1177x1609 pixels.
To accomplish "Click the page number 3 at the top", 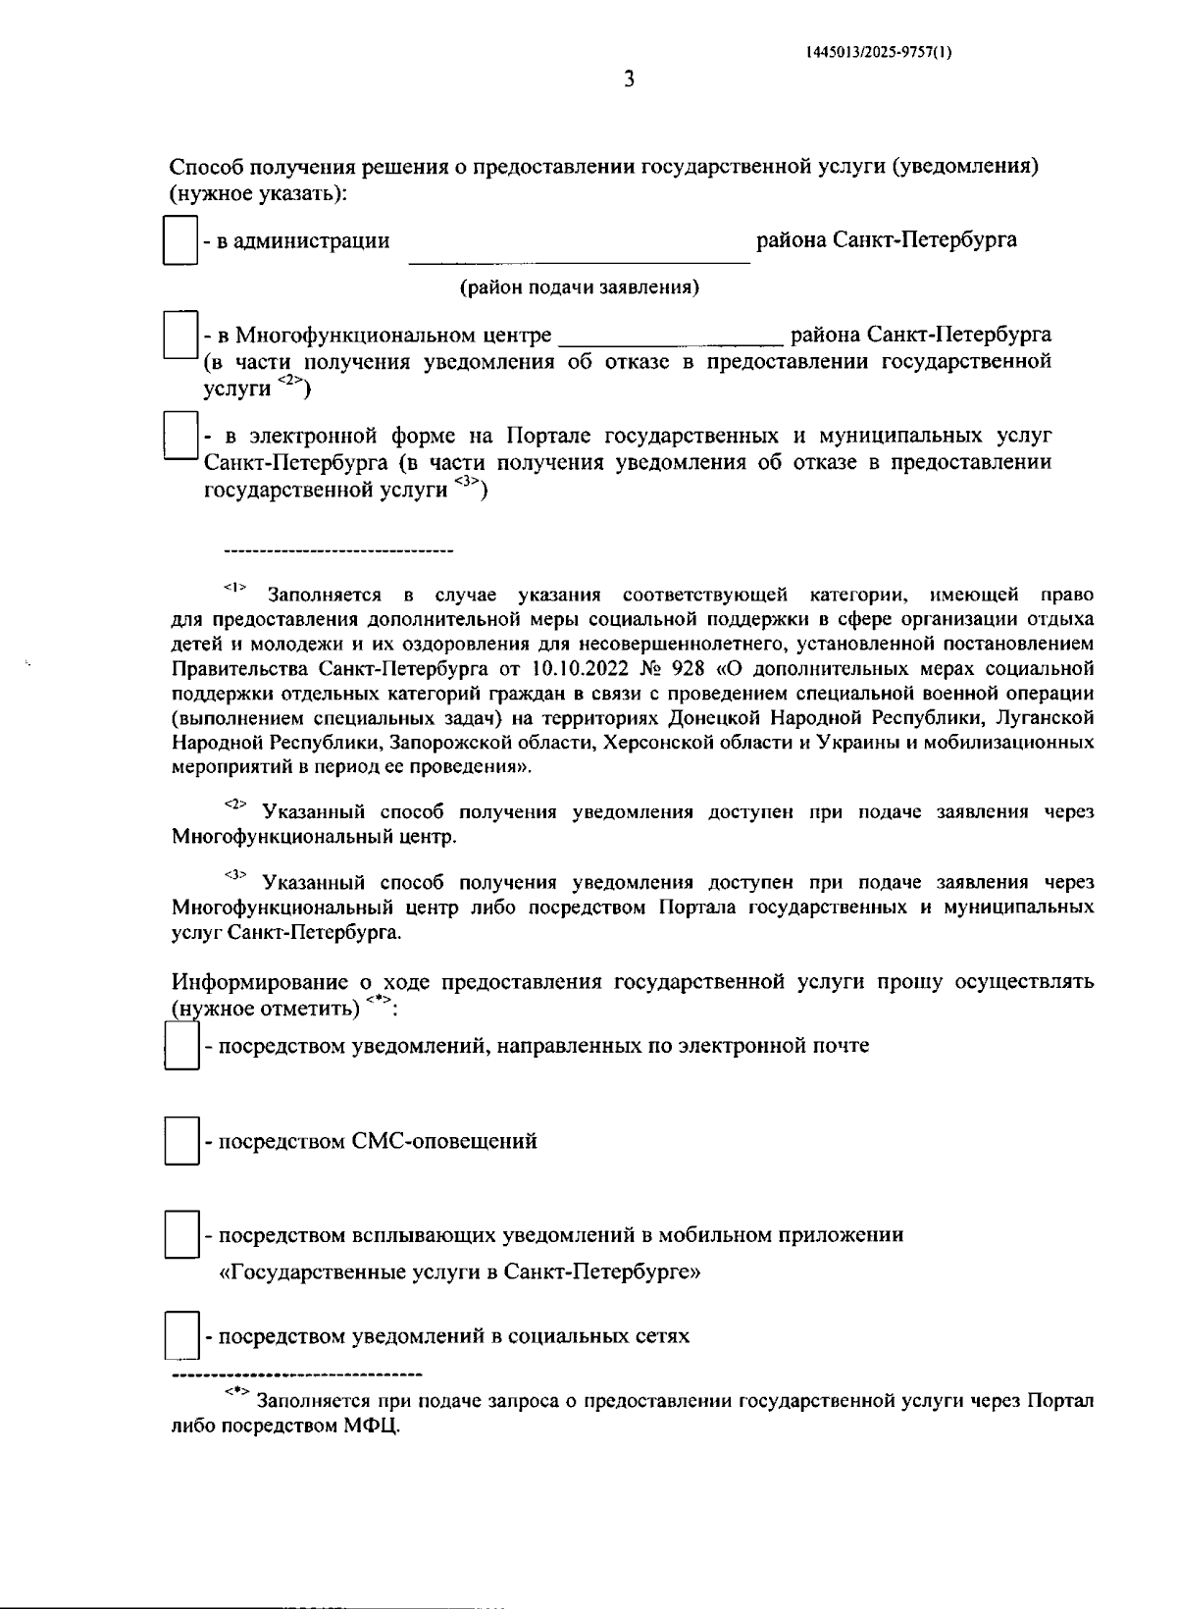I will pyautogui.click(x=629, y=79).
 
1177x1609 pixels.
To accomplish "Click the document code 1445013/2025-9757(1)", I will pyautogui.click(x=878, y=55).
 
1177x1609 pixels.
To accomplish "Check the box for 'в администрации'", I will pyautogui.click(x=180, y=241).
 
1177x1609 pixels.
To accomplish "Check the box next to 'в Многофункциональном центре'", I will pyautogui.click(x=181, y=336).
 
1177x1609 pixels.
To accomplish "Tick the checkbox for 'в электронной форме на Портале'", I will pyautogui.click(x=181, y=436).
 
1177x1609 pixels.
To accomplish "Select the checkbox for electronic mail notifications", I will pyautogui.click(x=181, y=1046).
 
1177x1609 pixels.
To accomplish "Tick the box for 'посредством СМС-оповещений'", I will pyautogui.click(x=181, y=1141).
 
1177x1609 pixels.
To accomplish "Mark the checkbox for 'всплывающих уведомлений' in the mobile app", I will pyautogui.click(x=181, y=1235).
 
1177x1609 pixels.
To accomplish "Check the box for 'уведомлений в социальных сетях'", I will pyautogui.click(x=181, y=1336).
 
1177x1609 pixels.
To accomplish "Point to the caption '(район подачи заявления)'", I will pyautogui.click(x=580, y=288).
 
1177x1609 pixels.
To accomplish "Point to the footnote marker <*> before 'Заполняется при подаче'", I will pyautogui.click(x=237, y=1393).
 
